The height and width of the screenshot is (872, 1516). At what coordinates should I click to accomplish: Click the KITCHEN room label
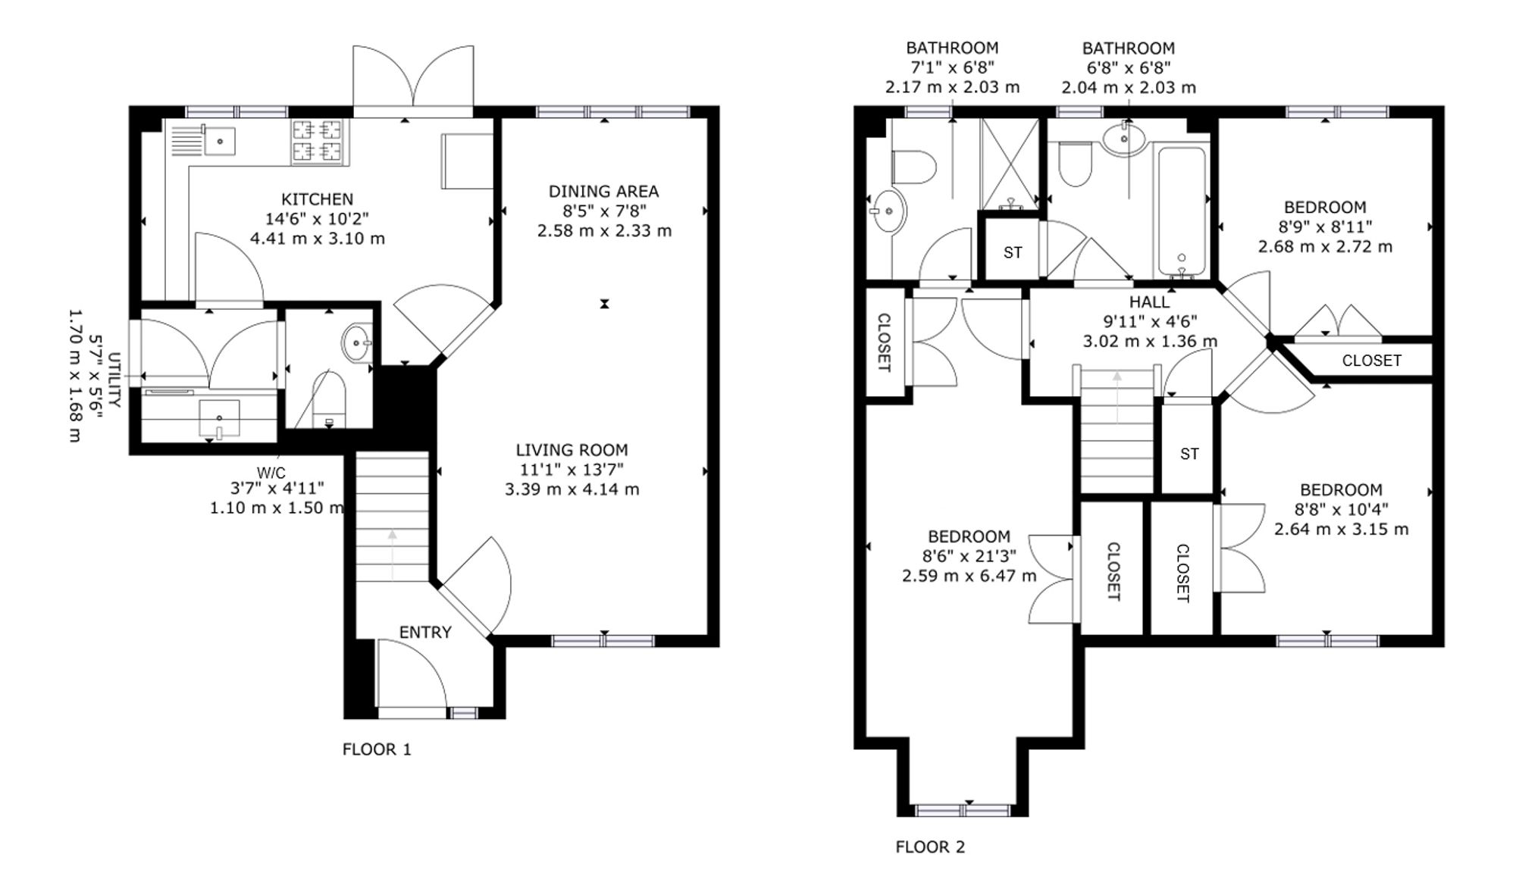point(317,199)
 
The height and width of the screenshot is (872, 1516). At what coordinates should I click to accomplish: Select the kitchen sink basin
point(219,141)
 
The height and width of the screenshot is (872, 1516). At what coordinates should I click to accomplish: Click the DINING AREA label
point(603,191)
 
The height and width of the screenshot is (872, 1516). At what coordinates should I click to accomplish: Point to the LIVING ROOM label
point(572,449)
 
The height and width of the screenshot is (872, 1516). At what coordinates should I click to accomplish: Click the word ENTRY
point(425,632)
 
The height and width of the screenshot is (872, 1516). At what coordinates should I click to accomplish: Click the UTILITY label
point(114,380)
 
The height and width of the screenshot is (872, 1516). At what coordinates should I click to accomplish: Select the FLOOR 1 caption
point(377,749)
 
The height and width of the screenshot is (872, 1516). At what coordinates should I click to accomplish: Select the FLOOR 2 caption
point(930,846)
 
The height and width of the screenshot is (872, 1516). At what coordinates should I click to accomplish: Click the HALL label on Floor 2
point(1150,302)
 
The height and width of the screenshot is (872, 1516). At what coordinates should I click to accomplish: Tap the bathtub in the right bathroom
point(1181,211)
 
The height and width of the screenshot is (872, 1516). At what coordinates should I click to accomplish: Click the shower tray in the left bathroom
point(1010,164)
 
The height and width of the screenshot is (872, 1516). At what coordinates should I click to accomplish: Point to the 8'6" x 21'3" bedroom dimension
point(969,556)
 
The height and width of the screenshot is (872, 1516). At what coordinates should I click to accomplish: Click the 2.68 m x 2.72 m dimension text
point(1325,246)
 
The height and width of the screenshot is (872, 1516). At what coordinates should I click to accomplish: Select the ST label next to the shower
point(1013,252)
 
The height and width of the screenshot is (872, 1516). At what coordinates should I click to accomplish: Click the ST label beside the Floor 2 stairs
point(1189,454)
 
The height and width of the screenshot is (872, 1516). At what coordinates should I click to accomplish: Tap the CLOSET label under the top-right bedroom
point(1371,361)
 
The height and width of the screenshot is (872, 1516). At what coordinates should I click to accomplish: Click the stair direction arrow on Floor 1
point(392,555)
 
